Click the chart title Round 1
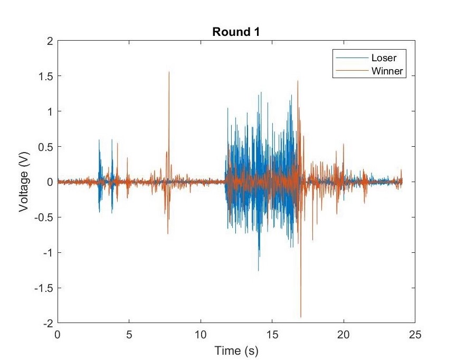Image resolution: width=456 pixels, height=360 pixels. [x=236, y=31]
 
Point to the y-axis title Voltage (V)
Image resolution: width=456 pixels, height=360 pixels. [x=24, y=182]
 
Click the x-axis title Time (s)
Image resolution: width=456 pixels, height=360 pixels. [x=236, y=349]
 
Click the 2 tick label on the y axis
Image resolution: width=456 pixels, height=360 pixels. [x=50, y=41]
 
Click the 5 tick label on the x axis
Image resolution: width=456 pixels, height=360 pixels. [x=129, y=334]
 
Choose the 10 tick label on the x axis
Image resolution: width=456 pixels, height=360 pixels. [x=200, y=334]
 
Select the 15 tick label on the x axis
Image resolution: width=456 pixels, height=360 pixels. [x=272, y=334]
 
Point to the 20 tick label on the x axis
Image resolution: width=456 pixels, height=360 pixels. [x=343, y=334]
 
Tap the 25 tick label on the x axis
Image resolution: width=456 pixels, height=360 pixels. [x=415, y=334]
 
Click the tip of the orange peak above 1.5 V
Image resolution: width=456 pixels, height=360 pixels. [x=169, y=72]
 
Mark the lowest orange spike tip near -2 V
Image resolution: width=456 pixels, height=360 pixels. [x=301, y=317]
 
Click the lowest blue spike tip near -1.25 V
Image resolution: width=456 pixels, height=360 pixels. [x=259, y=271]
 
